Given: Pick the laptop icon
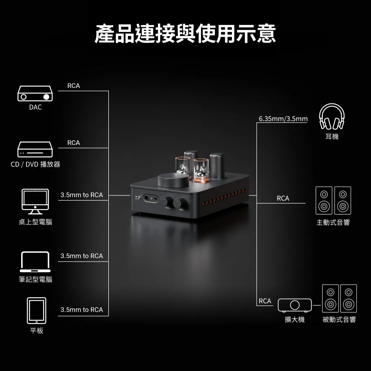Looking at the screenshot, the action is (x=35, y=262).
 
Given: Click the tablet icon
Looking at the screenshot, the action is (x=36, y=311).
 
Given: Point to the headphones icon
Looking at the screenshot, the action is (x=332, y=117).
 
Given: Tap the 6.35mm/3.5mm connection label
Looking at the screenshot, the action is (x=283, y=119).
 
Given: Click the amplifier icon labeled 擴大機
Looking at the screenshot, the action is (x=295, y=305).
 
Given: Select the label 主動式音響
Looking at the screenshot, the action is (x=333, y=222).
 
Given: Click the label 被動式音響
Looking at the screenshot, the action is (x=339, y=319).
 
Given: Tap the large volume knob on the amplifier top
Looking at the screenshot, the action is (x=173, y=180).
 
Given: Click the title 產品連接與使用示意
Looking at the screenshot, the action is (x=185, y=33).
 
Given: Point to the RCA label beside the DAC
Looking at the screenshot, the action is (x=73, y=86).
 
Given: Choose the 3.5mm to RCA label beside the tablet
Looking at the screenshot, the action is (x=82, y=310).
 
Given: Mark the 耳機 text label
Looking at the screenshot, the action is (x=332, y=137).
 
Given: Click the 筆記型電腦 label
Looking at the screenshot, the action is (x=36, y=279).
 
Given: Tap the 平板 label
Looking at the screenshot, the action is (x=36, y=330).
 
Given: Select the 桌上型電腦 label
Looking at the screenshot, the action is (x=36, y=222).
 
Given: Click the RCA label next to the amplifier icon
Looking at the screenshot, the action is (x=265, y=301).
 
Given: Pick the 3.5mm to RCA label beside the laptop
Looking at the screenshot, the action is (x=82, y=256).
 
